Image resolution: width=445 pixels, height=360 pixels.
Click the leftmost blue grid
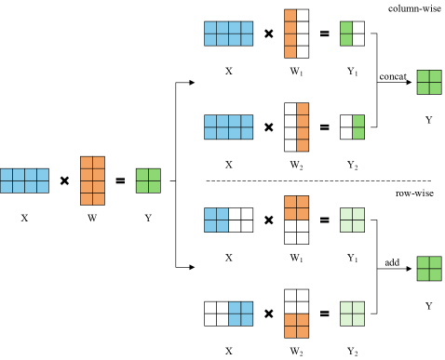24,180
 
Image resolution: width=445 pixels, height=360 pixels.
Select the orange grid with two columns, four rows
92,180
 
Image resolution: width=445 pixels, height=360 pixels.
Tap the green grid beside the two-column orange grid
148,180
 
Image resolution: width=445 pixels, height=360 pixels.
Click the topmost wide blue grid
228,33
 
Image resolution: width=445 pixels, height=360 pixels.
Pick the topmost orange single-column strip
290,33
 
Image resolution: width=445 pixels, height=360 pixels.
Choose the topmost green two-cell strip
346,33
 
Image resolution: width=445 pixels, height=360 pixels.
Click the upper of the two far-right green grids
429,82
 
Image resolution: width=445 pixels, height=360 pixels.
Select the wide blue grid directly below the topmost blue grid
228,127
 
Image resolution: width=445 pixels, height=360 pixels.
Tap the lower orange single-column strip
303,127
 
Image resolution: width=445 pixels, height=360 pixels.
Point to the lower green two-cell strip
358,127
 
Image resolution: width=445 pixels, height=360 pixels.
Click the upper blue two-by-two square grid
216,220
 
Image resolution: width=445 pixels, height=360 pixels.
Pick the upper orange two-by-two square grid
296,207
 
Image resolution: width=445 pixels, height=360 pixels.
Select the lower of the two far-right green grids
429,268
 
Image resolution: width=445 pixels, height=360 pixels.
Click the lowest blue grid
240,313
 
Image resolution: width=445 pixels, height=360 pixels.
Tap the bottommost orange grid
296,326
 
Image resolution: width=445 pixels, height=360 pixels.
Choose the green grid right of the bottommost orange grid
352,313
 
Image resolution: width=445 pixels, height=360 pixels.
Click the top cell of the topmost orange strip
290,15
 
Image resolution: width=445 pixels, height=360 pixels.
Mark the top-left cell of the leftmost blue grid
7,175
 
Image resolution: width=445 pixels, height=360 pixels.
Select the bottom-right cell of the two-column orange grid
98,198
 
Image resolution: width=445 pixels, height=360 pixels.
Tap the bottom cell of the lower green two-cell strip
358,133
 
